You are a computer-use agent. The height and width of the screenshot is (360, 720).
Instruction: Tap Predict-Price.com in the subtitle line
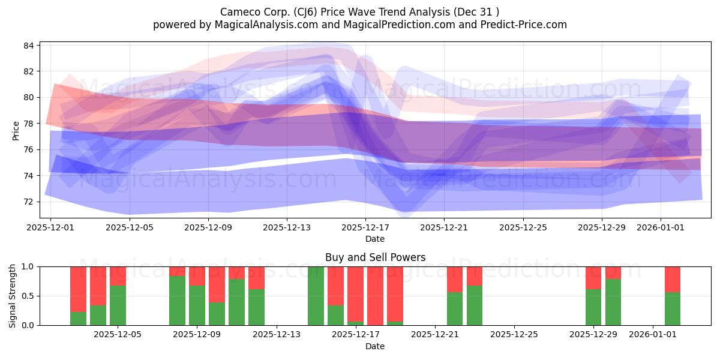(524, 25)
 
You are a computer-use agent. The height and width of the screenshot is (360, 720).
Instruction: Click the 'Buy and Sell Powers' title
(375, 257)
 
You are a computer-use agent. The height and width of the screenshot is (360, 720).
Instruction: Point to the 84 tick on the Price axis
(29, 46)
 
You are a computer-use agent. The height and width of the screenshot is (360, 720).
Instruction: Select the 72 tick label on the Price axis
(29, 202)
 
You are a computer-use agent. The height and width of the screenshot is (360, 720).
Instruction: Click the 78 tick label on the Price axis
(29, 124)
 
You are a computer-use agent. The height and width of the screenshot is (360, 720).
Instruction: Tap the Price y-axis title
(16, 131)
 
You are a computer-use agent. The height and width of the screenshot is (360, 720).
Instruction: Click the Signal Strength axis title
(12, 296)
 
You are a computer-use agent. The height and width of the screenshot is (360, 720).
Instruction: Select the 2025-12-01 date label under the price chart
(50, 227)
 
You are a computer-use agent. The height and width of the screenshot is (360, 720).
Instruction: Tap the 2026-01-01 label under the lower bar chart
(653, 335)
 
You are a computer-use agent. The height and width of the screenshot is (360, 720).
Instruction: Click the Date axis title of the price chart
(375, 239)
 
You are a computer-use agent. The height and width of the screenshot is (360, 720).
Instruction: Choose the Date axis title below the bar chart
(375, 347)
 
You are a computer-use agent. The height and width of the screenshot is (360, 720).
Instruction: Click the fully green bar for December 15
(316, 296)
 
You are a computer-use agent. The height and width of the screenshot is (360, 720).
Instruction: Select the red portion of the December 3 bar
(98, 286)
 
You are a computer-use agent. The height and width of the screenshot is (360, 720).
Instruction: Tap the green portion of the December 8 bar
(178, 301)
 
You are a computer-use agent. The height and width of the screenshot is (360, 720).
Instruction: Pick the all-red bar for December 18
(375, 296)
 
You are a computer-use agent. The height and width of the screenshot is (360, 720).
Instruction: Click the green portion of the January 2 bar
(673, 309)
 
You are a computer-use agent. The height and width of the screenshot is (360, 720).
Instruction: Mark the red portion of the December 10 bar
(217, 285)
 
